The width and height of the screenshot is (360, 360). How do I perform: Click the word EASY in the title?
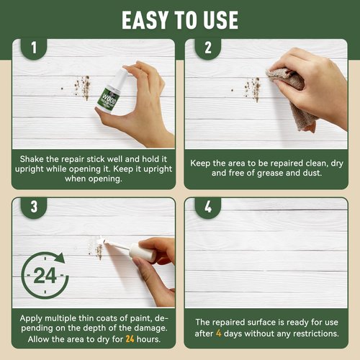[x=145, y=20]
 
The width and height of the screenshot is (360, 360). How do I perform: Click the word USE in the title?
[x=221, y=20]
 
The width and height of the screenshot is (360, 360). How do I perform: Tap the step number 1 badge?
[x=34, y=48]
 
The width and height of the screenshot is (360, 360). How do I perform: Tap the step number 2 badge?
[x=208, y=48]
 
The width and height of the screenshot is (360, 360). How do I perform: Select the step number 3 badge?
[x=34, y=207]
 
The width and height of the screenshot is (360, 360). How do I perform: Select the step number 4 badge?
[x=208, y=207]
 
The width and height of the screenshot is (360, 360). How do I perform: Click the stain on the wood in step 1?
[x=83, y=88]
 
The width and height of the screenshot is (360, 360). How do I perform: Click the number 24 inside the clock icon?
[x=45, y=276]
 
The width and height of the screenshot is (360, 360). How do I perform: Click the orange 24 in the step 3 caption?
[x=130, y=339]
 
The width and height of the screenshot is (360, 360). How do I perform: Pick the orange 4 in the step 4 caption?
[x=218, y=333]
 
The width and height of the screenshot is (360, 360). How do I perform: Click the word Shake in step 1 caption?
[x=32, y=159]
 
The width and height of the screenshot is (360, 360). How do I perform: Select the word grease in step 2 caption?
[x=269, y=174]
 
